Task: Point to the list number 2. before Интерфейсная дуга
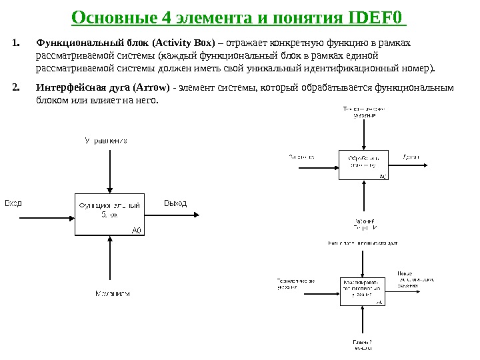16,87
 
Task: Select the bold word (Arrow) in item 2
151,87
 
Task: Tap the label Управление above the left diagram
106,141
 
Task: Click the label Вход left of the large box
13,203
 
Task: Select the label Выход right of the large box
175,203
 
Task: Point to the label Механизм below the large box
112,293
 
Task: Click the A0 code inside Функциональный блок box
137,230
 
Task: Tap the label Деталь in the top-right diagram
411,157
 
